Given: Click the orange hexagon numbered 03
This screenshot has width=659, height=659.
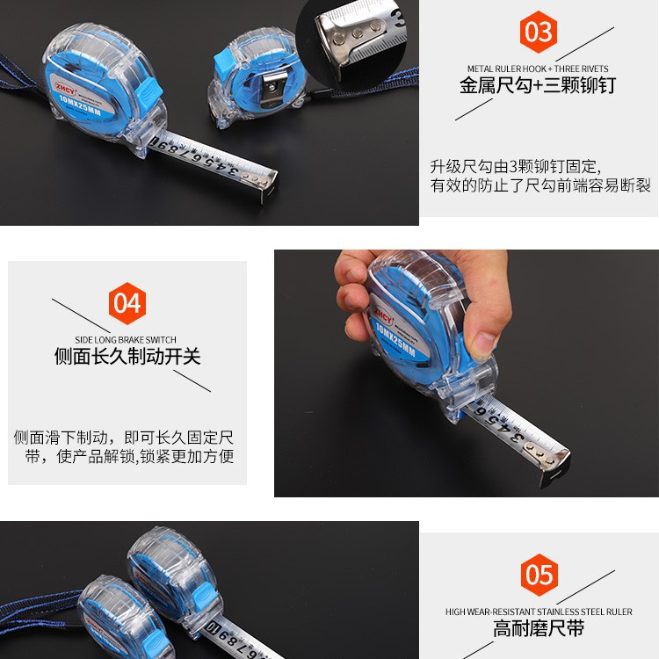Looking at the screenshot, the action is [538, 32].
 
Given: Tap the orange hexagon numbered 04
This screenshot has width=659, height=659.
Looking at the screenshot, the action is [127, 303].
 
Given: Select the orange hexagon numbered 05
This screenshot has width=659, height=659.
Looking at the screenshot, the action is [540, 575].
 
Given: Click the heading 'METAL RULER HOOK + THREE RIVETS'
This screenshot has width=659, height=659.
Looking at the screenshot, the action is [538, 69].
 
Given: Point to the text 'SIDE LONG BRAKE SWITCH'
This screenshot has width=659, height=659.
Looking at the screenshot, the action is [126, 339].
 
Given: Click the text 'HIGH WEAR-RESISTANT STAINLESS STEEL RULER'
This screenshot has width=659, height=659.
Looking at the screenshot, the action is [539, 612].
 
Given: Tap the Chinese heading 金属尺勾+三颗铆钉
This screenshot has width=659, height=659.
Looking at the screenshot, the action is [538, 86].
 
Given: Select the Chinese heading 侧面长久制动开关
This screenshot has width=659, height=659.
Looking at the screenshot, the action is [127, 357].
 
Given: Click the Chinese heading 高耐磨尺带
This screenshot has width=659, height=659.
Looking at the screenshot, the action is [539, 628].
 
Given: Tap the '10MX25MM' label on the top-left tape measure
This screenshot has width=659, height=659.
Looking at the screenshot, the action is [80, 105].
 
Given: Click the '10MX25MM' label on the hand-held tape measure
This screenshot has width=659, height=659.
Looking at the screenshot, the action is [395, 339].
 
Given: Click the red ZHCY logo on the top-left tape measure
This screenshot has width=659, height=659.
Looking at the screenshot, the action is [64, 88].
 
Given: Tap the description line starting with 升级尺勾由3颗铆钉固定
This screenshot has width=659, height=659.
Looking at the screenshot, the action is [515, 167].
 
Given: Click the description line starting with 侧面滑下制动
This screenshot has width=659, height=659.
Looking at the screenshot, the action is [124, 438].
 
